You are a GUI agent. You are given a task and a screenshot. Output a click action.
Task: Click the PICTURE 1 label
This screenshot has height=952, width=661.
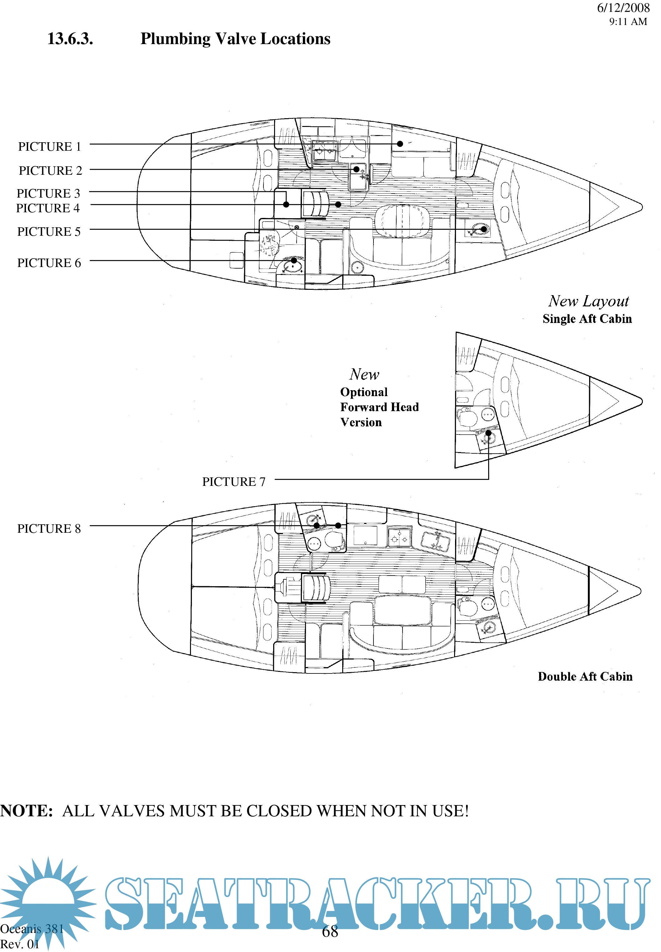click(x=50, y=147)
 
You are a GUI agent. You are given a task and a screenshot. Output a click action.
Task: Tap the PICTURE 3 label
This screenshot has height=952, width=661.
click(x=48, y=194)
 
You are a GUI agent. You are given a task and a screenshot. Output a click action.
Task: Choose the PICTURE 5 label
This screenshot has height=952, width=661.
click(x=49, y=232)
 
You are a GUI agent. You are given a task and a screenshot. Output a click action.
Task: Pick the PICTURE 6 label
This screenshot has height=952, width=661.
click(x=49, y=263)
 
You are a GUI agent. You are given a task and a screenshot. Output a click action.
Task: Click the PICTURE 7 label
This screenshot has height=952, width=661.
click(x=233, y=482)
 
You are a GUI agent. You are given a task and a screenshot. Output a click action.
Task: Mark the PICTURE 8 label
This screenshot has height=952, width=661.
click(x=49, y=529)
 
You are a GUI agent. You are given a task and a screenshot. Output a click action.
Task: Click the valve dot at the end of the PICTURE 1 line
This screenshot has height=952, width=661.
click(x=400, y=144)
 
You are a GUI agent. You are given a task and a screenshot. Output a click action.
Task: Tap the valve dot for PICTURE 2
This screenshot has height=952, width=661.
click(x=357, y=169)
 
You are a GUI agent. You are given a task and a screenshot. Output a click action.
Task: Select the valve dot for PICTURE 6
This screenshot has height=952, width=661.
click(x=294, y=260)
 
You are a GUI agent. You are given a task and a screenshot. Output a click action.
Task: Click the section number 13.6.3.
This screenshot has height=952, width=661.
click(x=70, y=39)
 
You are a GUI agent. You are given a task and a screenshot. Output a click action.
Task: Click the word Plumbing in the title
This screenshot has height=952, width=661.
click(x=176, y=39)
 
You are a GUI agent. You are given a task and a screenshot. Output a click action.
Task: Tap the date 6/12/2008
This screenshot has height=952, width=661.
click(x=623, y=8)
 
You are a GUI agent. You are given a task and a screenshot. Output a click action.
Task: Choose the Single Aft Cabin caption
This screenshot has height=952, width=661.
click(x=587, y=319)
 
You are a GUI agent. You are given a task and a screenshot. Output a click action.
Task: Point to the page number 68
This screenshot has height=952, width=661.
click(x=330, y=932)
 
